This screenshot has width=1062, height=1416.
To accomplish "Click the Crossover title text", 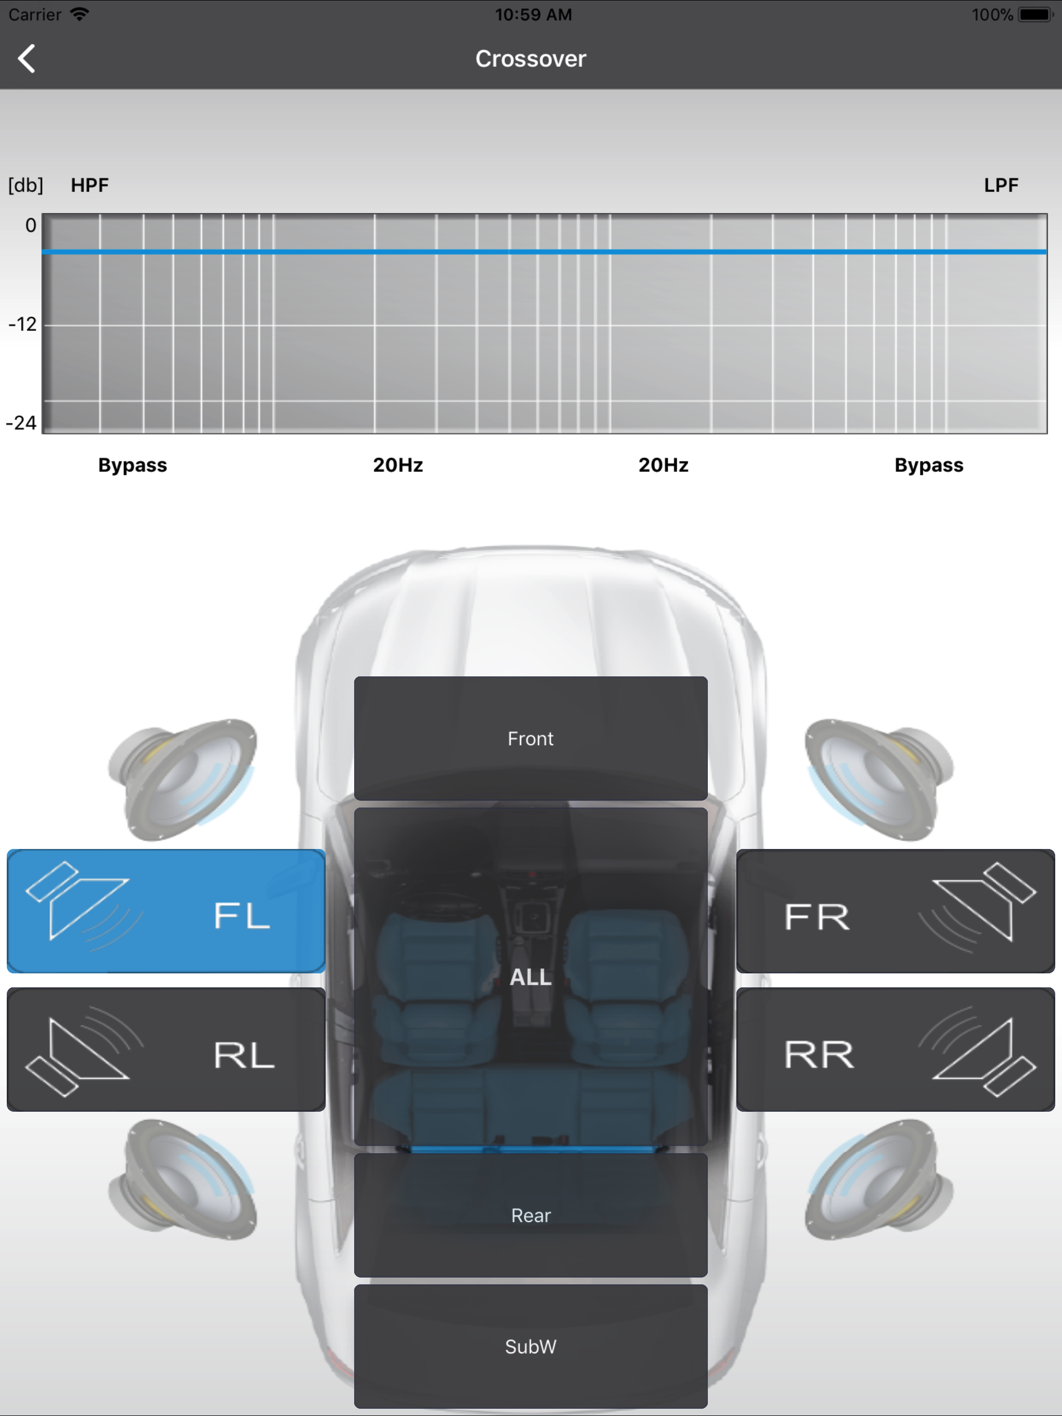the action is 530,59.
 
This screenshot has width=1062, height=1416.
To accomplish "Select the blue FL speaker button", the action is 166,911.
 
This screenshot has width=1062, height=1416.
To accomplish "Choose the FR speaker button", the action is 896,911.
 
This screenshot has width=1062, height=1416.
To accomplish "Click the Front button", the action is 530,738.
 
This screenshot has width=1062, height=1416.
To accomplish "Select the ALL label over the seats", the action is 530,977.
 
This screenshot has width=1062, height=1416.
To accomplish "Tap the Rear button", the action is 530,1215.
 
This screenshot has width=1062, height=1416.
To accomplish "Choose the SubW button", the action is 530,1346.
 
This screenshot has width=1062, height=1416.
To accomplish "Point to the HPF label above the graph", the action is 90,185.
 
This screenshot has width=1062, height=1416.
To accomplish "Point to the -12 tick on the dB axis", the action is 22,324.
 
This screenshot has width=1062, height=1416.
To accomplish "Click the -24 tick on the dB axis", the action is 21,422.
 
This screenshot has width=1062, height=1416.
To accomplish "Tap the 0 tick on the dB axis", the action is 31,225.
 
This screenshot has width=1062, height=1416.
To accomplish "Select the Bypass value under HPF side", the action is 133,465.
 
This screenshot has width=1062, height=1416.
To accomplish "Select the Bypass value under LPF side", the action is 929,465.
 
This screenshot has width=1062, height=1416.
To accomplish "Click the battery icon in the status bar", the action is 1036,14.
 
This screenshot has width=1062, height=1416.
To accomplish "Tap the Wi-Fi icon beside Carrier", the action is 79,14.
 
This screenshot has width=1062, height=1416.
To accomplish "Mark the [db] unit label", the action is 25,186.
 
